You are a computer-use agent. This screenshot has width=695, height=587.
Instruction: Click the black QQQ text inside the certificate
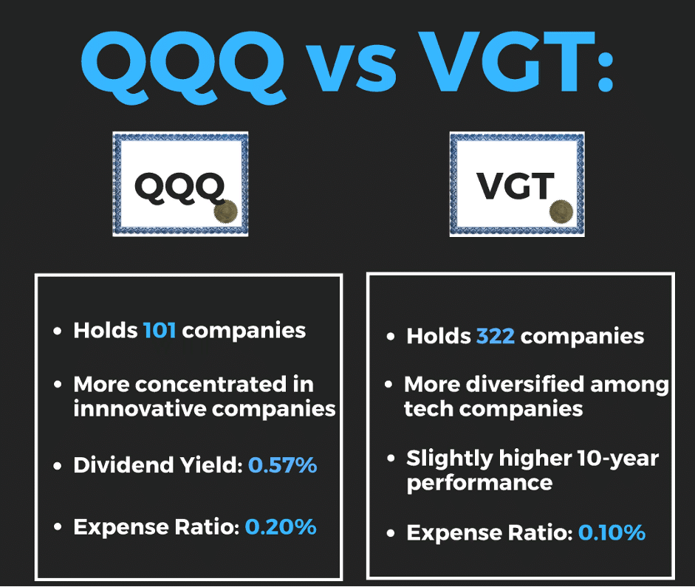[179, 187]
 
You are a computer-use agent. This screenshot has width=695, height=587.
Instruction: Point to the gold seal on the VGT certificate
[561, 210]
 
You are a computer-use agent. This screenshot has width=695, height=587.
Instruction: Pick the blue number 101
[160, 329]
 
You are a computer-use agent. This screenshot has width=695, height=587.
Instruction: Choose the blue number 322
[495, 337]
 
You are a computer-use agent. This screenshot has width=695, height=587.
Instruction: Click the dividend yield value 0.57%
[282, 465]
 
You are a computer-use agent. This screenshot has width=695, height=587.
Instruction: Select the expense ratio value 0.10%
[612, 532]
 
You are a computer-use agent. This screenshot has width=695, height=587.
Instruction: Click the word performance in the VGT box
[479, 483]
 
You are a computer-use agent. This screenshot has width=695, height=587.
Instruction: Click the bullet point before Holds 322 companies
[391, 337]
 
